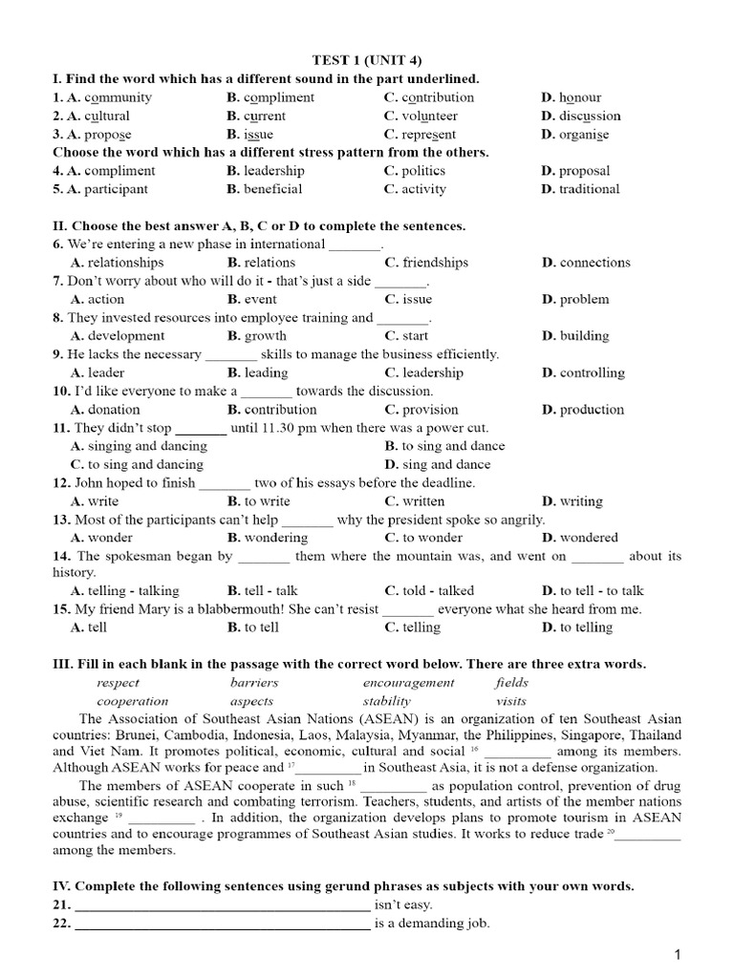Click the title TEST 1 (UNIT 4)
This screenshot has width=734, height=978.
pos(367,60)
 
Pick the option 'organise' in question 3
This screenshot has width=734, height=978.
pos(584,135)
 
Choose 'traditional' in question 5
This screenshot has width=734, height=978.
pos(590,189)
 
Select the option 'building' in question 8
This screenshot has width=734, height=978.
pos(584,336)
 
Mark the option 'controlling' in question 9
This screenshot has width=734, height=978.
pos(592,373)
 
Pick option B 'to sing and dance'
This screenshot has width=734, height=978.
pos(445,446)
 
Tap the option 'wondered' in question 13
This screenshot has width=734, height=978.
pos(589,538)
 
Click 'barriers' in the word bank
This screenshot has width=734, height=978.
pos(254,683)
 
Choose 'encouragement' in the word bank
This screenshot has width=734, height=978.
pos(409,683)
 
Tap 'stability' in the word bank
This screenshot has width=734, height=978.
pos(386,701)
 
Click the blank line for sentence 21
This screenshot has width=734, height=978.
pos(222,905)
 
